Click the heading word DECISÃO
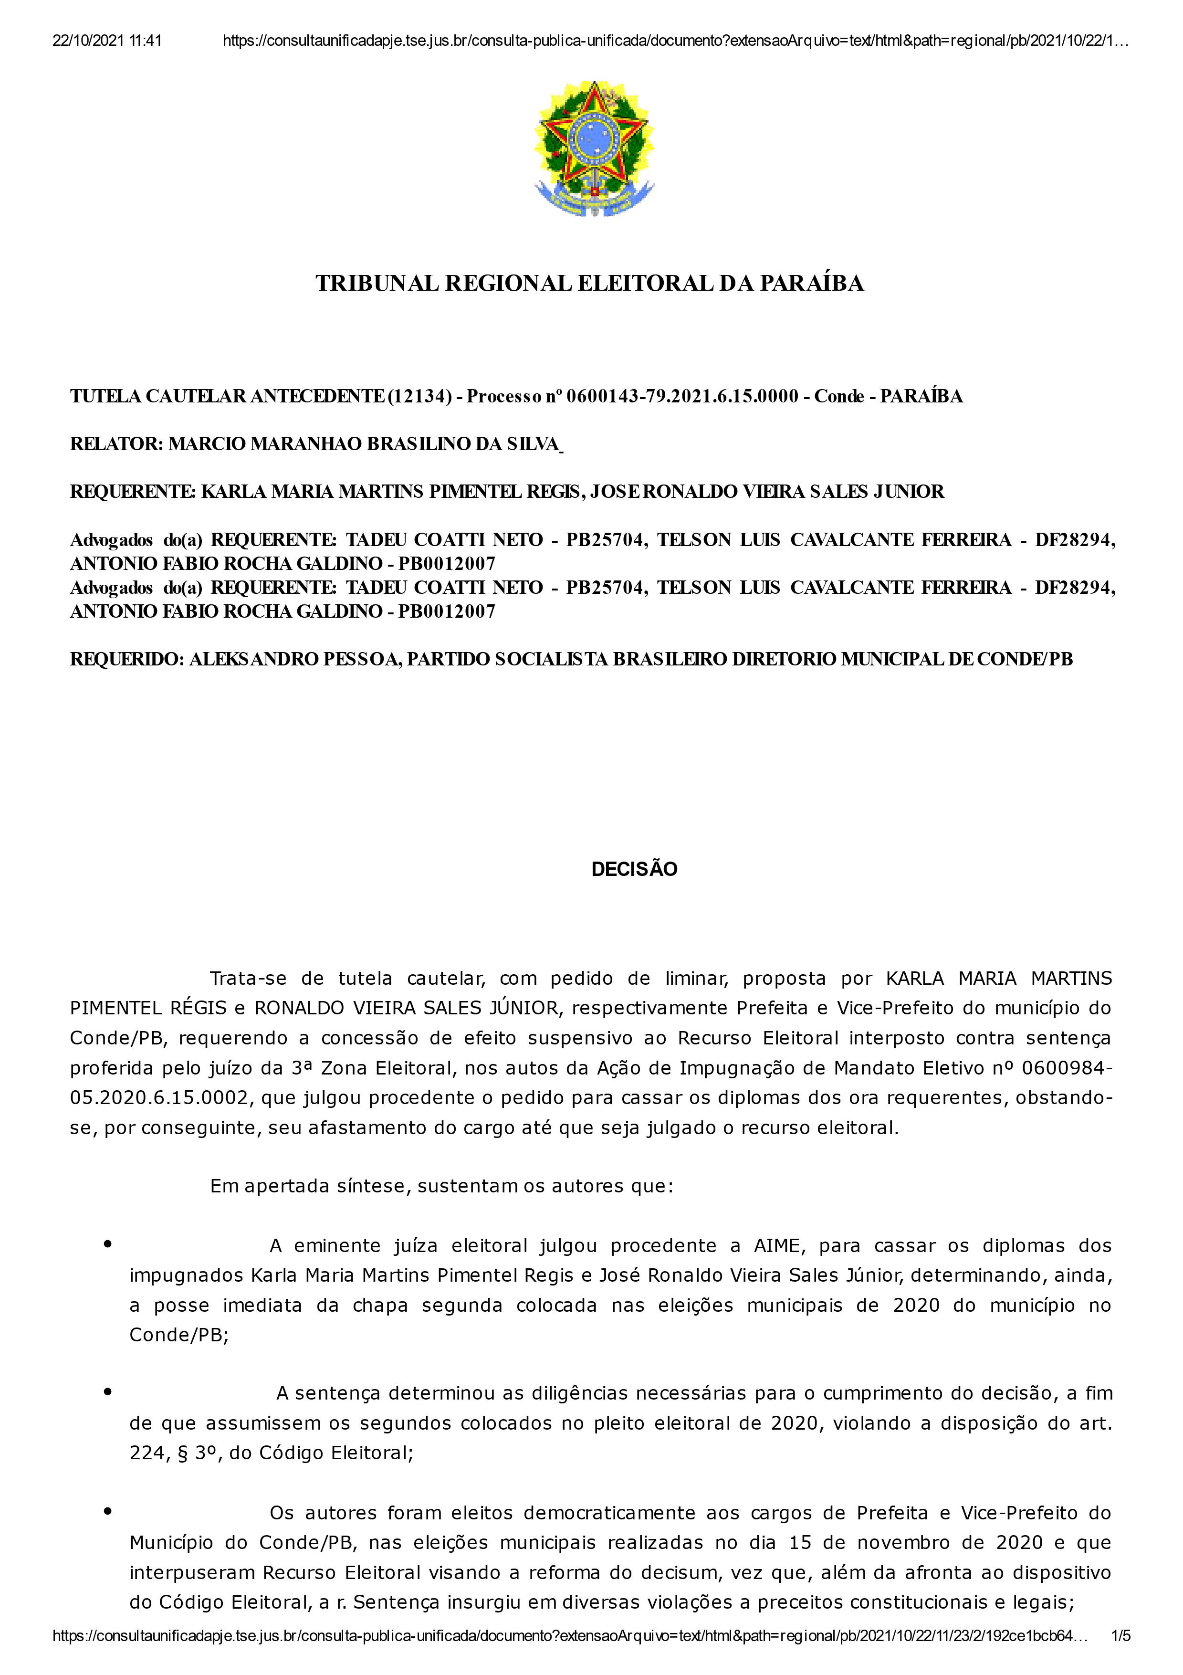click(634, 869)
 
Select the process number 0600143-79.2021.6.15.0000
click(682, 396)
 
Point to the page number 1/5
click(1120, 1657)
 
